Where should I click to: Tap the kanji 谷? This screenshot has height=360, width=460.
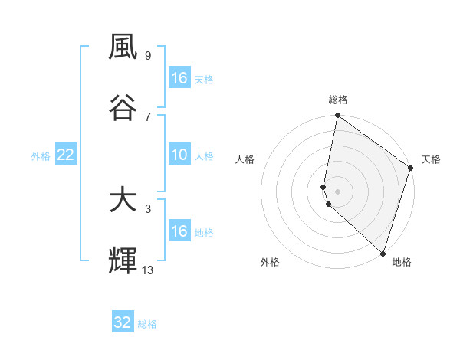point(123,107)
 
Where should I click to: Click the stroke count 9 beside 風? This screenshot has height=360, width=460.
point(147,55)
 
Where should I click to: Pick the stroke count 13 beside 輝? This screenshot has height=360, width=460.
point(148,270)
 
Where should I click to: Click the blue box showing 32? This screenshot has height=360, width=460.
point(123,322)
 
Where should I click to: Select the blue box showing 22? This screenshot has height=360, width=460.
point(66,155)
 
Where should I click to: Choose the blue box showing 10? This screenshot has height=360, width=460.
point(179,155)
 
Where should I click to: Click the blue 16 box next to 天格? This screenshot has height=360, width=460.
point(179,78)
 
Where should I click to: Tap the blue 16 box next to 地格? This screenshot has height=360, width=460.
point(179,231)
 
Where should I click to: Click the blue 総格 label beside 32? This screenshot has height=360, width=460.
point(147,324)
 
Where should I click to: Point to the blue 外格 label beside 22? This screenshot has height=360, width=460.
point(41,156)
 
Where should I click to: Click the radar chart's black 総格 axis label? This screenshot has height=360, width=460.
point(338,100)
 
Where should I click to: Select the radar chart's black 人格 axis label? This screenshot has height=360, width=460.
point(245,159)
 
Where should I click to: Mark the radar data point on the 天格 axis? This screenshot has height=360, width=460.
point(411,169)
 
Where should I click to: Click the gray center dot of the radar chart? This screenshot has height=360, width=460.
point(338,191)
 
